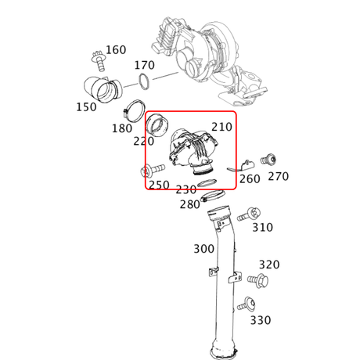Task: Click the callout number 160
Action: [x=116, y=49]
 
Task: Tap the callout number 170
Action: [x=145, y=65]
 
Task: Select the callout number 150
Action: [x=86, y=107]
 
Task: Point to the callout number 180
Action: [x=122, y=128]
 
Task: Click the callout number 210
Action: [x=221, y=127]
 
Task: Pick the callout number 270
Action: [x=279, y=176]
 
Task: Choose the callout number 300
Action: [x=204, y=249]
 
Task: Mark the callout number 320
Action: [x=269, y=265]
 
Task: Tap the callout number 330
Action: [x=261, y=320]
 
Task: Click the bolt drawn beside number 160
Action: [x=99, y=61]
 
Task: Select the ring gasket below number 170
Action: [x=144, y=81]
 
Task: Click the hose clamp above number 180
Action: [x=134, y=111]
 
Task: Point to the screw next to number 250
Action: [x=153, y=171]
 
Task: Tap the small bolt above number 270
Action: [x=268, y=160]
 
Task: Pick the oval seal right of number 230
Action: [x=207, y=183]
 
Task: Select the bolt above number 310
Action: [x=249, y=214]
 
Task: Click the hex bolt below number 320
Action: [x=258, y=281]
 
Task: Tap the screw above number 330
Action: [x=247, y=304]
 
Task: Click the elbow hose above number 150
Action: [x=103, y=89]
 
